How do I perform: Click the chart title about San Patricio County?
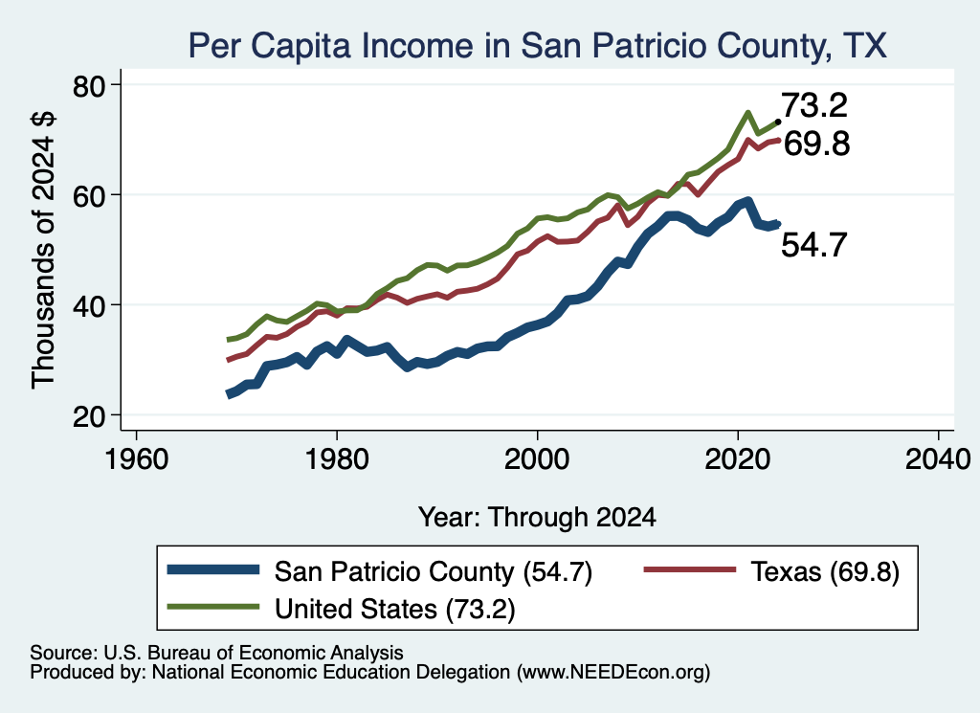click(538, 45)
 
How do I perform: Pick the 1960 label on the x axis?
click(136, 459)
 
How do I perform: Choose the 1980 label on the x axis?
click(337, 459)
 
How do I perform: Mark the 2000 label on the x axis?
click(537, 459)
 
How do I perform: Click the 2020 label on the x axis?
click(738, 459)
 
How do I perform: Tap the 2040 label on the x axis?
click(938, 459)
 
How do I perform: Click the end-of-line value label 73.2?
click(814, 105)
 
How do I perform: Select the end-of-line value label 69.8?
click(816, 144)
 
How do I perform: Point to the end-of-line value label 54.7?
click(814, 244)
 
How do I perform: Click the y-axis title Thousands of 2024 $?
click(43, 250)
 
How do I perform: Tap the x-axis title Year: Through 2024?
click(537, 518)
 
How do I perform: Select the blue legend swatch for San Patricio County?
click(213, 569)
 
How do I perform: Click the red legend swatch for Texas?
click(689, 569)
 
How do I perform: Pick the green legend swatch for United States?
click(213, 607)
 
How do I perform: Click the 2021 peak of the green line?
click(747, 113)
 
